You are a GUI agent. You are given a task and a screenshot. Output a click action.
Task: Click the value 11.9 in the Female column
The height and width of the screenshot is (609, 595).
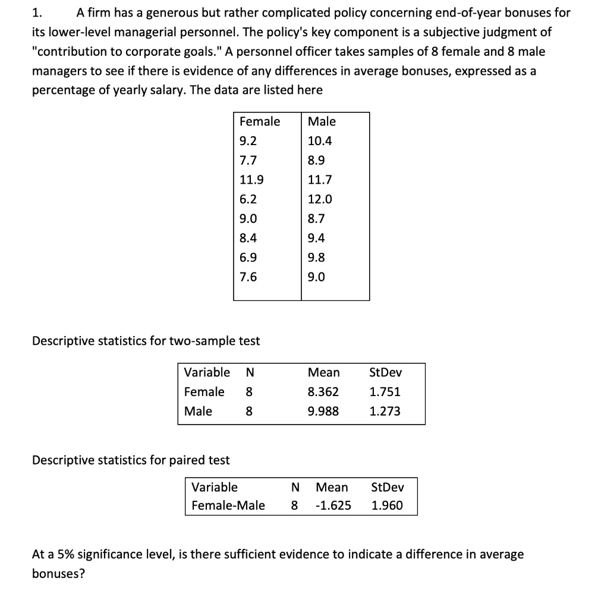pos(252,180)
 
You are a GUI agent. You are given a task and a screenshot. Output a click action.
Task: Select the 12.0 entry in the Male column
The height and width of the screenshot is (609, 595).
pos(320,199)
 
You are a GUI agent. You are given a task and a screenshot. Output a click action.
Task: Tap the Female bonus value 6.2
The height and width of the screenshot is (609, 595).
pos(248,199)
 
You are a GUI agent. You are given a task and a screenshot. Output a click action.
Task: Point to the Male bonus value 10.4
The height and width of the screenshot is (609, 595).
pos(320,141)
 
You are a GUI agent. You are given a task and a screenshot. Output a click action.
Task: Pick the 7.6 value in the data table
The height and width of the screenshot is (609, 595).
pos(248,277)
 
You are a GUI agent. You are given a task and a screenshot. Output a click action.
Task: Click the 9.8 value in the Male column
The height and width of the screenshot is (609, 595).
pos(316,258)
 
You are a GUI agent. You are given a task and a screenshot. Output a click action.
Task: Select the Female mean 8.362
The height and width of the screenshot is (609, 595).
pos(323,392)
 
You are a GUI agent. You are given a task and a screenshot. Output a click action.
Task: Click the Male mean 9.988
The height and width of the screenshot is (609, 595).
pos(323,411)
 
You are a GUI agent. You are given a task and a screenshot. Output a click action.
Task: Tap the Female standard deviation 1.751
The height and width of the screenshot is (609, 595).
pos(385,392)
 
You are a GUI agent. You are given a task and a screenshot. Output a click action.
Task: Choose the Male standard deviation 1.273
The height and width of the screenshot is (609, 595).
pos(385,411)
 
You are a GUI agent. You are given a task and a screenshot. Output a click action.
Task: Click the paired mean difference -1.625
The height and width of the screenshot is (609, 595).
pos(332,506)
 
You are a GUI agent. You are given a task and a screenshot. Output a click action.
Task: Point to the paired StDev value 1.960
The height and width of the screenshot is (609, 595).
pos(387,506)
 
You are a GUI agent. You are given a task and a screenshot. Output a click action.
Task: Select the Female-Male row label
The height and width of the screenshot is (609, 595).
pos(228,506)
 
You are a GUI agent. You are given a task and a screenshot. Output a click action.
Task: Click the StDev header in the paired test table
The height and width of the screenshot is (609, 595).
pos(387,488)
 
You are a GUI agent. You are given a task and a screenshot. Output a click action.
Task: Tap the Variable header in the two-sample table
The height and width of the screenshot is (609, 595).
pos(207,373)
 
